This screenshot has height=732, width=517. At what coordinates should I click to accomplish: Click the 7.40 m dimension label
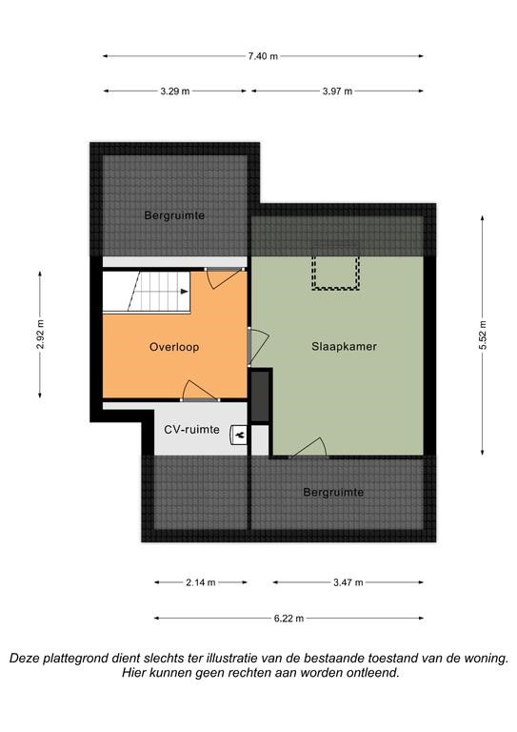coord(263,56)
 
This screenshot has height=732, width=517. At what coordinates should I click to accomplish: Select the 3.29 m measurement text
coord(175,91)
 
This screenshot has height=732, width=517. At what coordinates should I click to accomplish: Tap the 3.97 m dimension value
coord(337,91)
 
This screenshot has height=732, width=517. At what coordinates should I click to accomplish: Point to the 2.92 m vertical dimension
coord(40,335)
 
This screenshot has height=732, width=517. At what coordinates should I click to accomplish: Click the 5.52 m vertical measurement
coord(483,335)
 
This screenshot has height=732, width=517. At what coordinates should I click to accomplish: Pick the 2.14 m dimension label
coord(201,582)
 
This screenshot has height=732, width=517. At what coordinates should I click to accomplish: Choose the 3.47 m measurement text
coord(348,582)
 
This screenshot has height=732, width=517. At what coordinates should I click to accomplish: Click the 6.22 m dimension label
coord(289,619)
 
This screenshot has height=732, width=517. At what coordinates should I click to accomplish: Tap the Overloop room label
coord(174,347)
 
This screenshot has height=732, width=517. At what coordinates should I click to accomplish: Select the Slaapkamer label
coord(344,346)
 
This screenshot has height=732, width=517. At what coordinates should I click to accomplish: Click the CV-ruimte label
coord(191,430)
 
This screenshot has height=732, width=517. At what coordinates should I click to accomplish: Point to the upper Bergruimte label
coord(174,215)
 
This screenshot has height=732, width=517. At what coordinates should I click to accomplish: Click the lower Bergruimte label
coord(333,492)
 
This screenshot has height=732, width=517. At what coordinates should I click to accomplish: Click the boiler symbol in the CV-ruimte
coord(239,436)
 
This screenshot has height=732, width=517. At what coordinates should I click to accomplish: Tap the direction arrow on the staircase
coord(185,292)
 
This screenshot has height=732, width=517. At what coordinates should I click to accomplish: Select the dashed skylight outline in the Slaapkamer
coord(336,273)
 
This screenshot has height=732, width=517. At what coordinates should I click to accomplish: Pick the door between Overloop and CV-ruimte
coord(200,391)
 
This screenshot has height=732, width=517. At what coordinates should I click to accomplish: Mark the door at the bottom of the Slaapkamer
coord(308,448)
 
